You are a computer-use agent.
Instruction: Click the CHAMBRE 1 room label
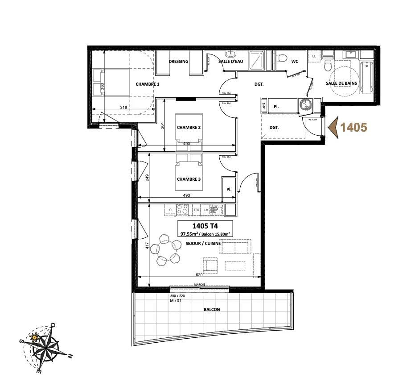pos(148,84)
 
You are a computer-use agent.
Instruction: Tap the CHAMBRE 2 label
pos(189,128)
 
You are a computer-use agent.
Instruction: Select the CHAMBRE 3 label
pos(189,179)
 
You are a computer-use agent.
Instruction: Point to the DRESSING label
pos(178,62)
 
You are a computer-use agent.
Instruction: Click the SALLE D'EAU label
pos(230,62)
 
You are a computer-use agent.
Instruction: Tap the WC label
pos(295,62)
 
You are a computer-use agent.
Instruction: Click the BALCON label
pos(212,309)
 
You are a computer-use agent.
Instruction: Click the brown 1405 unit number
pos(353,127)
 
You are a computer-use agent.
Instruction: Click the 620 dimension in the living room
pos(193,274)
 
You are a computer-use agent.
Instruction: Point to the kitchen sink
pos(216,209)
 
